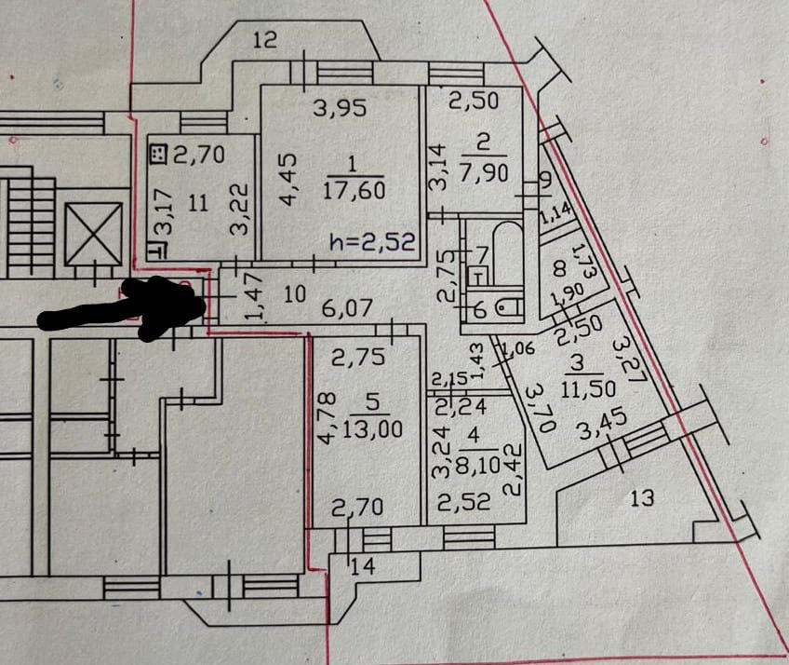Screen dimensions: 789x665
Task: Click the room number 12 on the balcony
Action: (x=265, y=39)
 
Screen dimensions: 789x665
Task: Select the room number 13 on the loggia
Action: (x=641, y=498)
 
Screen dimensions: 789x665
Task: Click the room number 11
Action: (x=196, y=202)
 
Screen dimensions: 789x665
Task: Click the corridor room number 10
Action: (x=294, y=295)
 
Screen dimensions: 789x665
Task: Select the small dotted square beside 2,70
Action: (x=158, y=155)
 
